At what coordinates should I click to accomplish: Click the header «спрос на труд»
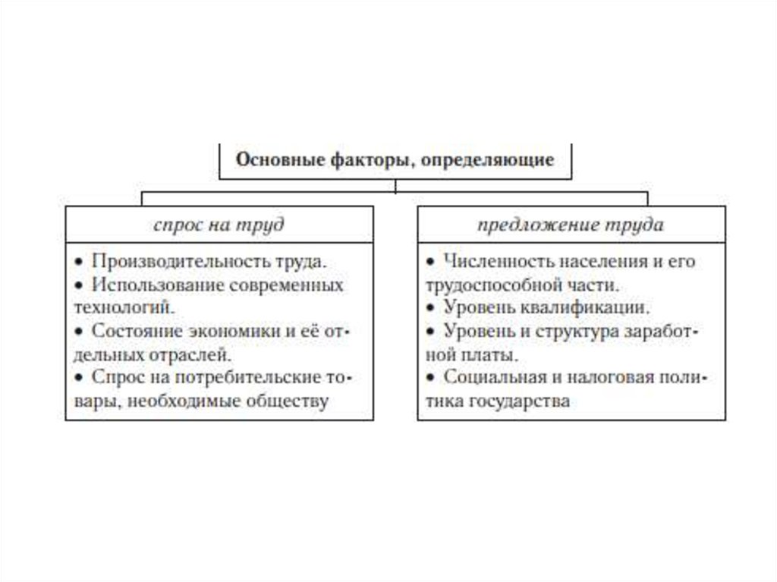pyautogui.click(x=219, y=225)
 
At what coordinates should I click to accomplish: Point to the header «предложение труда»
pyautogui.click(x=571, y=225)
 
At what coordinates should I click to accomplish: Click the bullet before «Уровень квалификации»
pyautogui.click(x=429, y=309)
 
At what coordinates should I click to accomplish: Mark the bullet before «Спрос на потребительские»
pyautogui.click(x=79, y=378)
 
